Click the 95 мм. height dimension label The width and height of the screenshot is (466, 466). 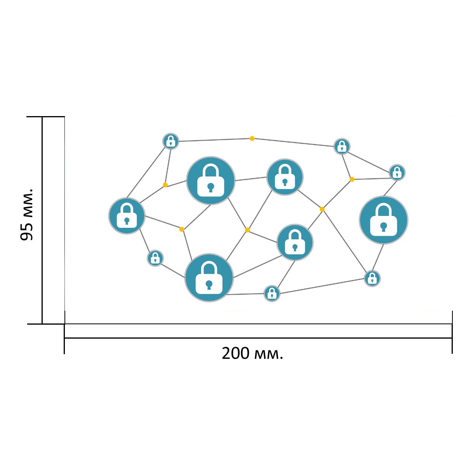(x=26, y=214)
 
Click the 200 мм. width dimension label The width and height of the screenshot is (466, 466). (x=252, y=353)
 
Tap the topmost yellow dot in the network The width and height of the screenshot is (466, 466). (x=252, y=139)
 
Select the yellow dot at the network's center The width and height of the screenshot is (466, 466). (x=247, y=230)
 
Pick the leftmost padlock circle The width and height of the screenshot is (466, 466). (x=127, y=216)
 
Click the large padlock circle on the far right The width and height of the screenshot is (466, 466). (x=384, y=220)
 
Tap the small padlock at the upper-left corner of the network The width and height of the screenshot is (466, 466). (x=171, y=141)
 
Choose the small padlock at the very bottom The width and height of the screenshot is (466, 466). (x=272, y=294)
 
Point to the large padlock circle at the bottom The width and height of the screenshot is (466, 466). (x=209, y=278)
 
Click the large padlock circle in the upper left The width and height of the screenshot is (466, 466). (x=210, y=181)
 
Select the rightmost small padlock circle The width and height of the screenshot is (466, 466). (x=397, y=172)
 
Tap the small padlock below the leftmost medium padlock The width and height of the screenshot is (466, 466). (x=155, y=258)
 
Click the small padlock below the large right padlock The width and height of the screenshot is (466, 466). (x=372, y=278)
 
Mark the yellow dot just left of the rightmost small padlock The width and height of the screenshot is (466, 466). (x=352, y=179)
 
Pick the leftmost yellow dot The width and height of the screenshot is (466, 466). (x=165, y=185)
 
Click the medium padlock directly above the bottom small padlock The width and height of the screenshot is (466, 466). (x=295, y=242)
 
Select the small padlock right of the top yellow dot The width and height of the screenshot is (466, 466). (x=342, y=146)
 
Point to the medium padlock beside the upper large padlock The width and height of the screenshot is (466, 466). (x=285, y=177)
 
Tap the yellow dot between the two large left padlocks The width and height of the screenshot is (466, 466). (x=182, y=229)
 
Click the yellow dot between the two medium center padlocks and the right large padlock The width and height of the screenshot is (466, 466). (x=322, y=209)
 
